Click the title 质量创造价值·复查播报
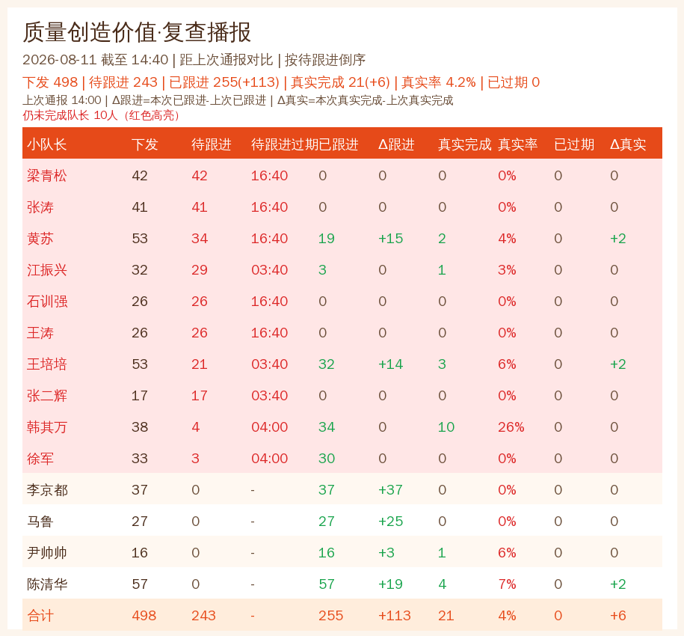click(137, 32)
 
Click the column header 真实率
click(517, 144)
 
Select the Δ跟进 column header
click(396, 144)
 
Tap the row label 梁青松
click(46, 176)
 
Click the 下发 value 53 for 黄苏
click(140, 239)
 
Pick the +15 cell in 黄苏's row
click(390, 239)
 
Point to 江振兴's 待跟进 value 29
click(200, 270)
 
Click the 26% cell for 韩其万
click(511, 427)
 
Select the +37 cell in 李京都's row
click(390, 490)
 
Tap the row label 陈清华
click(46, 584)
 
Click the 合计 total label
click(40, 616)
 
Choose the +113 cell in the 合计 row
click(395, 616)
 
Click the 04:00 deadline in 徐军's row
click(269, 459)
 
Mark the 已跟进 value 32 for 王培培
click(326, 364)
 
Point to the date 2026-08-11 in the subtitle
click(60, 60)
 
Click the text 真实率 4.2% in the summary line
click(438, 82)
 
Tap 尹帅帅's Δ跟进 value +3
click(386, 553)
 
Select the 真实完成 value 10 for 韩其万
click(446, 427)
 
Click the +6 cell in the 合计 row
click(617, 616)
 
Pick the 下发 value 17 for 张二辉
click(140, 396)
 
